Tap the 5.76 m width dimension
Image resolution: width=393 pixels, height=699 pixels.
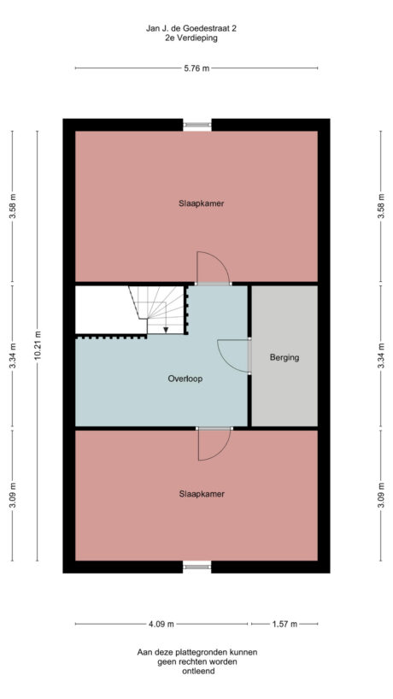196,69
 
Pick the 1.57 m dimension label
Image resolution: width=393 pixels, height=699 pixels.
284,623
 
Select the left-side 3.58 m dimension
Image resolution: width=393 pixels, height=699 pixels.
12,205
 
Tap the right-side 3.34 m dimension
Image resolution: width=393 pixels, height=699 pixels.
381,356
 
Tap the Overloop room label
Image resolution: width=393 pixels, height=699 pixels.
185,377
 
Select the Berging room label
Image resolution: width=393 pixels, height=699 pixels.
284,357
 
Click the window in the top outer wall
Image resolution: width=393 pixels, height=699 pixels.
197,125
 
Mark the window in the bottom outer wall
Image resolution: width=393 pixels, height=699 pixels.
197,566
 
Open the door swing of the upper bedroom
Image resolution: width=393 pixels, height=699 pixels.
211,268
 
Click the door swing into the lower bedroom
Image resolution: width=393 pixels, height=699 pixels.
213,443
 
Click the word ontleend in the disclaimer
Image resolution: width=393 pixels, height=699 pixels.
196,672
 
